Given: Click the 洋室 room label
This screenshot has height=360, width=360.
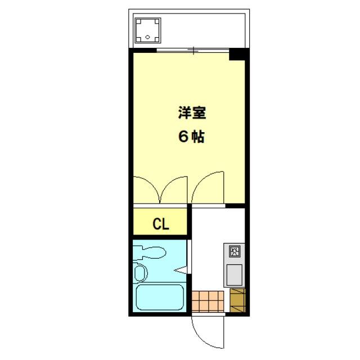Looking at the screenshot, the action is (192, 112).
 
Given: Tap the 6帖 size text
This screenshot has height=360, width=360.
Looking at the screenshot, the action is (191, 137).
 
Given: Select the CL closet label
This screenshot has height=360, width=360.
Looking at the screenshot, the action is (161, 224).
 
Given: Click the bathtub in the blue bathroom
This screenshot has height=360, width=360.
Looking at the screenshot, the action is (160, 298).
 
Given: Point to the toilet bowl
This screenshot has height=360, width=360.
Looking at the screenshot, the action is (154, 253).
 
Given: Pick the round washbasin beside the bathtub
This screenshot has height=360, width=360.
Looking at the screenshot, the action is (140, 273).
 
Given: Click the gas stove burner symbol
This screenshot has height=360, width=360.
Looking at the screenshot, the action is (234, 251).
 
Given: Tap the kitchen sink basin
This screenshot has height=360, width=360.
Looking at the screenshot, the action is (234, 275).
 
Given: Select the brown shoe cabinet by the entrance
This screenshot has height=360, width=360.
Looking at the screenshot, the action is (237, 300).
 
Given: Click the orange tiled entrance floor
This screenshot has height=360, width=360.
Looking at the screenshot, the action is (208, 301).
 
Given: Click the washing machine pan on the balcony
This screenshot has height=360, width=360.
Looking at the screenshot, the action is (147, 30).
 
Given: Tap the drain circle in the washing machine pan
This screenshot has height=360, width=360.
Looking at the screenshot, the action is (147, 37).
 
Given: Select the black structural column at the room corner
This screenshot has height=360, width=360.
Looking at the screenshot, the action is (237, 55).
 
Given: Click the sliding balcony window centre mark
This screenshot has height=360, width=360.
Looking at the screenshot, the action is (193, 51).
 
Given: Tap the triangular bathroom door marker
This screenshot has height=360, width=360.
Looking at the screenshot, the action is (181, 269).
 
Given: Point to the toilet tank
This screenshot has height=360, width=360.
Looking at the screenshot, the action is (137, 253).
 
